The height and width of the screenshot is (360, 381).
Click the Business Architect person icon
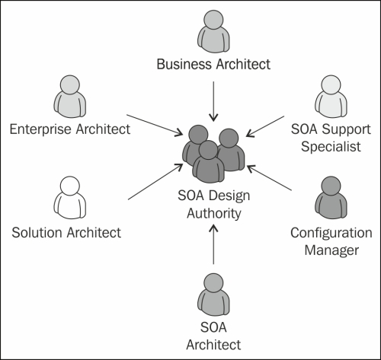click(x=213, y=31)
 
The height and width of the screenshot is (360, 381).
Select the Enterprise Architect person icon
click(x=70, y=97)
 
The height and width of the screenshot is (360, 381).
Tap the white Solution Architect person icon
click(x=70, y=198)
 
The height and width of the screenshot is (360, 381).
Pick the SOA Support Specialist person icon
click(x=331, y=97)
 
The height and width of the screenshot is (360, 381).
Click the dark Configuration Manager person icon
click(x=331, y=198)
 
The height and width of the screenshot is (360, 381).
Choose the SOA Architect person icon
click(x=213, y=295)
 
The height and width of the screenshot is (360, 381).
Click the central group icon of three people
click(x=213, y=154)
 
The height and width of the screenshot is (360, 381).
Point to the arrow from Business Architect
click(x=213, y=101)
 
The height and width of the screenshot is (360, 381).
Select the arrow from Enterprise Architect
click(x=155, y=126)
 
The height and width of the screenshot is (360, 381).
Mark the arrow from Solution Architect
click(x=155, y=182)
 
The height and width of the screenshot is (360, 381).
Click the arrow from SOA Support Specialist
click(x=265, y=126)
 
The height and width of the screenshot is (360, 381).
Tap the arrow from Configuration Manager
click(x=269, y=177)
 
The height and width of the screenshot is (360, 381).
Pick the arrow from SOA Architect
click(x=213, y=244)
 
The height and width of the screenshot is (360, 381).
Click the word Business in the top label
click(x=184, y=64)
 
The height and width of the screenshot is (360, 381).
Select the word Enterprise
click(x=40, y=129)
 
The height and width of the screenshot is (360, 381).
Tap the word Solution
click(x=37, y=233)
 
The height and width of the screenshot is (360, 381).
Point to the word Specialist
click(x=331, y=147)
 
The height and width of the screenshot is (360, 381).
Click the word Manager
click(x=331, y=250)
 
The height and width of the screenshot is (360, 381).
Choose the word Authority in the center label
click(x=214, y=214)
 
